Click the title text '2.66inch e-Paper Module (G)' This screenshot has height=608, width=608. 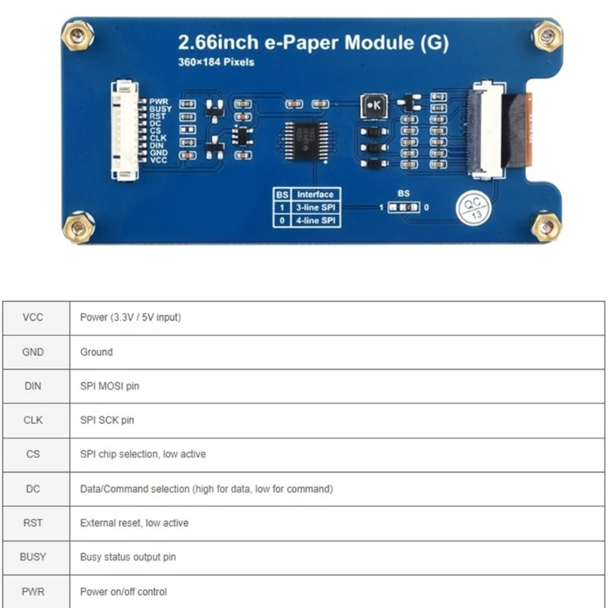pyautogui.click(x=312, y=43)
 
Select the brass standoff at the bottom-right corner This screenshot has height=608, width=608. pyautogui.click(x=545, y=226)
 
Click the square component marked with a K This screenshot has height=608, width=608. pyautogui.click(x=374, y=106)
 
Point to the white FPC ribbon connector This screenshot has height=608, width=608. pyautogui.click(x=488, y=131)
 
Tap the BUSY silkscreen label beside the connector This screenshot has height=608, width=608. pyautogui.click(x=160, y=109)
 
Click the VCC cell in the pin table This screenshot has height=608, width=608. pyautogui.click(x=33, y=318)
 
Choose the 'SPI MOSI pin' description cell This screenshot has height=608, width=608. pyautogui.click(x=109, y=386)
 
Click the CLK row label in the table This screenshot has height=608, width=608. pyautogui.click(x=33, y=420)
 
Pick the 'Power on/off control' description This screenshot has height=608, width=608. pyautogui.click(x=123, y=591)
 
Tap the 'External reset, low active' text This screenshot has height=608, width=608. pyautogui.click(x=134, y=523)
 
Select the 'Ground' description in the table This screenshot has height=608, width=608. pyautogui.click(x=96, y=352)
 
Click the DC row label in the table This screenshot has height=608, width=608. pyautogui.click(x=33, y=489)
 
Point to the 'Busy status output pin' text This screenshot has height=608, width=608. pyautogui.click(x=128, y=557)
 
